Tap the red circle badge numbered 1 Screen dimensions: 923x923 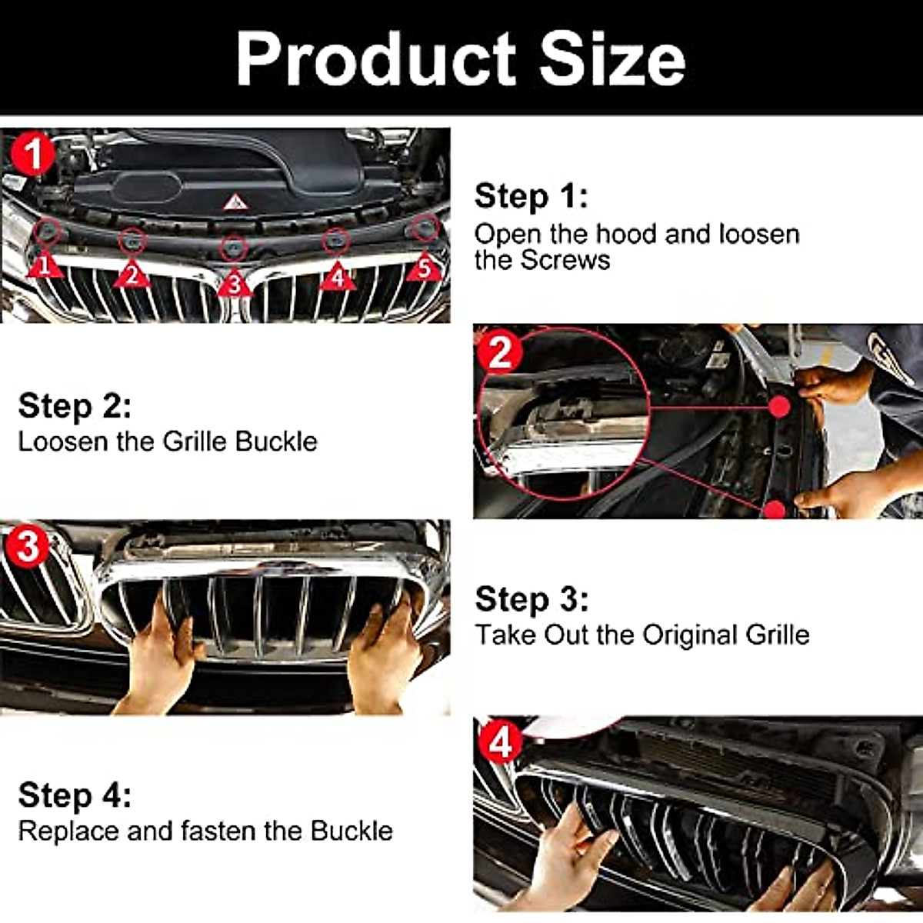coord(33,155)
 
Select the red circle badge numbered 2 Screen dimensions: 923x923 coord(500,353)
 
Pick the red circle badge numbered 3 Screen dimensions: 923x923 coord(28,547)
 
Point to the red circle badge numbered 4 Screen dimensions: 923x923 coord(500,744)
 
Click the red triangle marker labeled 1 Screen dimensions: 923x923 coord(44,266)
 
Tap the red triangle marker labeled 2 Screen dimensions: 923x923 coord(132,275)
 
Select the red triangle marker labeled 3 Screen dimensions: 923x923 coord(234,285)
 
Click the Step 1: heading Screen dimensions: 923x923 coord(531,197)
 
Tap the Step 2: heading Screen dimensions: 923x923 coord(75,406)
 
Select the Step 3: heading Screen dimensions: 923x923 coord(531,599)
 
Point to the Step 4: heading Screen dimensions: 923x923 coord(75,795)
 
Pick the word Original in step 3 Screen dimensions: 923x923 coord(690,635)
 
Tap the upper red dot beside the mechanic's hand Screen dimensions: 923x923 coord(779,406)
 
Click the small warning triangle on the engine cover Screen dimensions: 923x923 coord(235,202)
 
